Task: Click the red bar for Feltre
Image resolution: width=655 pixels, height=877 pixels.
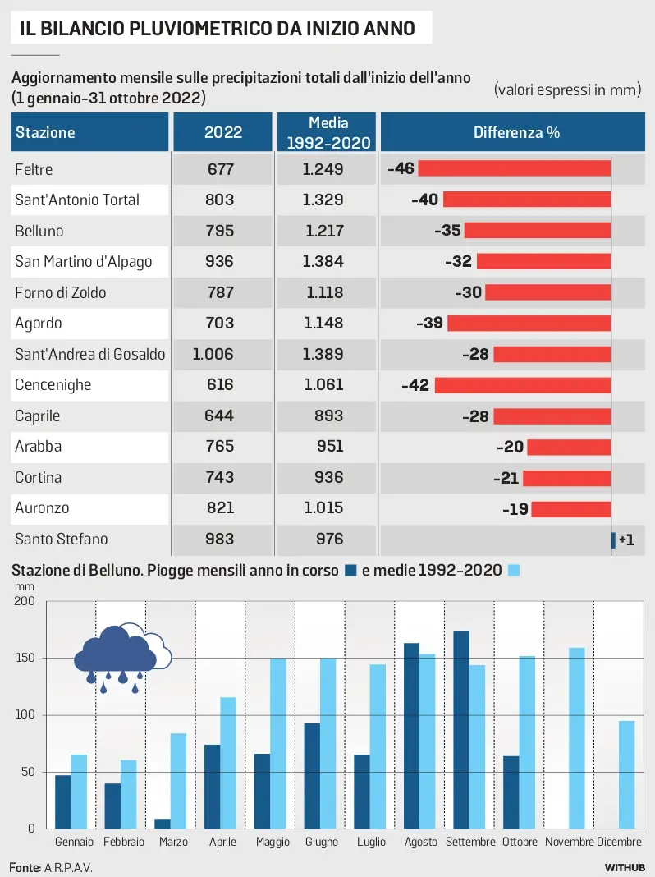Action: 515,168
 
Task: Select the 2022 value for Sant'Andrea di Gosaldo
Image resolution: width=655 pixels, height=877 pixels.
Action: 213,354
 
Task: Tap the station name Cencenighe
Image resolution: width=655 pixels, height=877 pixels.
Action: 53,384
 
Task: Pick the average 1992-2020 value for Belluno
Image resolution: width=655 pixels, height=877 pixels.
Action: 324,231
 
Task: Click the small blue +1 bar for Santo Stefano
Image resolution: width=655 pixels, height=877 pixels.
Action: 613,540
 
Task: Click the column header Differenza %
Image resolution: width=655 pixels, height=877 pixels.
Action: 516,132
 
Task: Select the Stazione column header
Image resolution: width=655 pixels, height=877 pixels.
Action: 45,132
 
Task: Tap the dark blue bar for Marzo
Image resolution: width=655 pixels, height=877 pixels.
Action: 163,824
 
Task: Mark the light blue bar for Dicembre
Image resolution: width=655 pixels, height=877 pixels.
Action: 627,774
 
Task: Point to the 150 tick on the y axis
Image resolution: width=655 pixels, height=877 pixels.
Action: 25,659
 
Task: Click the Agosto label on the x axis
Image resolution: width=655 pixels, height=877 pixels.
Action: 420,843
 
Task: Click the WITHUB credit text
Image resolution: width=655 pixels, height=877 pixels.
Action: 625,867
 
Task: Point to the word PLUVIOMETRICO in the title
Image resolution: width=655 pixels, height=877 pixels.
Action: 195,30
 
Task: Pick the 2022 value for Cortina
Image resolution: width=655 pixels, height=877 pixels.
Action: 219,477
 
